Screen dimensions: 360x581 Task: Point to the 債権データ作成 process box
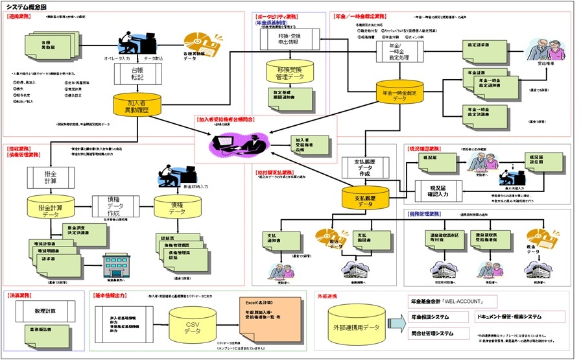pyautogui.click(x=115, y=206)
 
